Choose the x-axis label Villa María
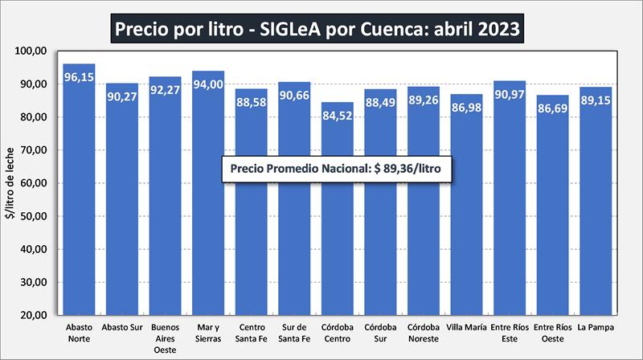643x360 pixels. [467, 328]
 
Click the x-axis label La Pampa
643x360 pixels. [596, 328]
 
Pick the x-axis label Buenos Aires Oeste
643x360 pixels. [165, 338]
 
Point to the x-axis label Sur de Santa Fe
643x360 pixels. [294, 333]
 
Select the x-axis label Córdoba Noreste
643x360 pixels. [424, 333]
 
